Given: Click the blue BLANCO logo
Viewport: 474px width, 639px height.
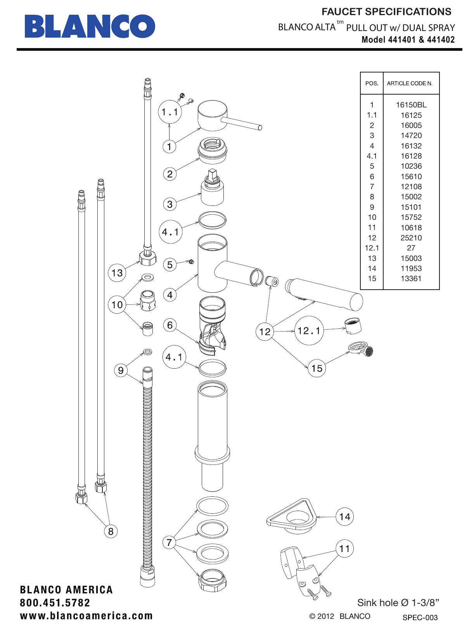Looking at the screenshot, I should (90, 26).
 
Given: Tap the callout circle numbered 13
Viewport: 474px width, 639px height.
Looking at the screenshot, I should (117, 273).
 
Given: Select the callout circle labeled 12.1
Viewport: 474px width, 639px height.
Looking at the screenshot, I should (309, 331).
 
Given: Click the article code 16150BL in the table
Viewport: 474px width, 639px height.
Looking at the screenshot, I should (411, 105).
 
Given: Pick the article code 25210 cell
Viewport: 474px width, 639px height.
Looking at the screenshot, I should (411, 238).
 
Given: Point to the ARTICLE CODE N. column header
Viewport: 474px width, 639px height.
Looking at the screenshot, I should (410, 83).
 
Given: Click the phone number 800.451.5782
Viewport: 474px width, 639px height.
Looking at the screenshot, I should (55, 603).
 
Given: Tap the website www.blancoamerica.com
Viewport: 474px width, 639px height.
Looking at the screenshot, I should (86, 616).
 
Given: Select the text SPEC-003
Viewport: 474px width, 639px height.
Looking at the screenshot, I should (420, 618).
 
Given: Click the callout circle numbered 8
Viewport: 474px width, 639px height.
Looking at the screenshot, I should (111, 531).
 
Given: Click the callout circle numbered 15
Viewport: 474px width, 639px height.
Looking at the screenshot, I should (317, 368).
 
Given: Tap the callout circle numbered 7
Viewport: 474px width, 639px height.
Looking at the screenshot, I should (169, 542).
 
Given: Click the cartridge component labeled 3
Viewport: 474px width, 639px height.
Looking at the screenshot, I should (213, 190).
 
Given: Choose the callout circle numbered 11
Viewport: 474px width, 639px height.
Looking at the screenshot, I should (344, 549).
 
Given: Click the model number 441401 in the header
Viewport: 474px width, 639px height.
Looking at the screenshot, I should (401, 40).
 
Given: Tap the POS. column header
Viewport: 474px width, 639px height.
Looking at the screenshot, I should (372, 83).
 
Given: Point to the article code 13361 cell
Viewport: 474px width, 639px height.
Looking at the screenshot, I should (411, 278).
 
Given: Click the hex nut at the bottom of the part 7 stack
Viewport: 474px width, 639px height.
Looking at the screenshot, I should (213, 580).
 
